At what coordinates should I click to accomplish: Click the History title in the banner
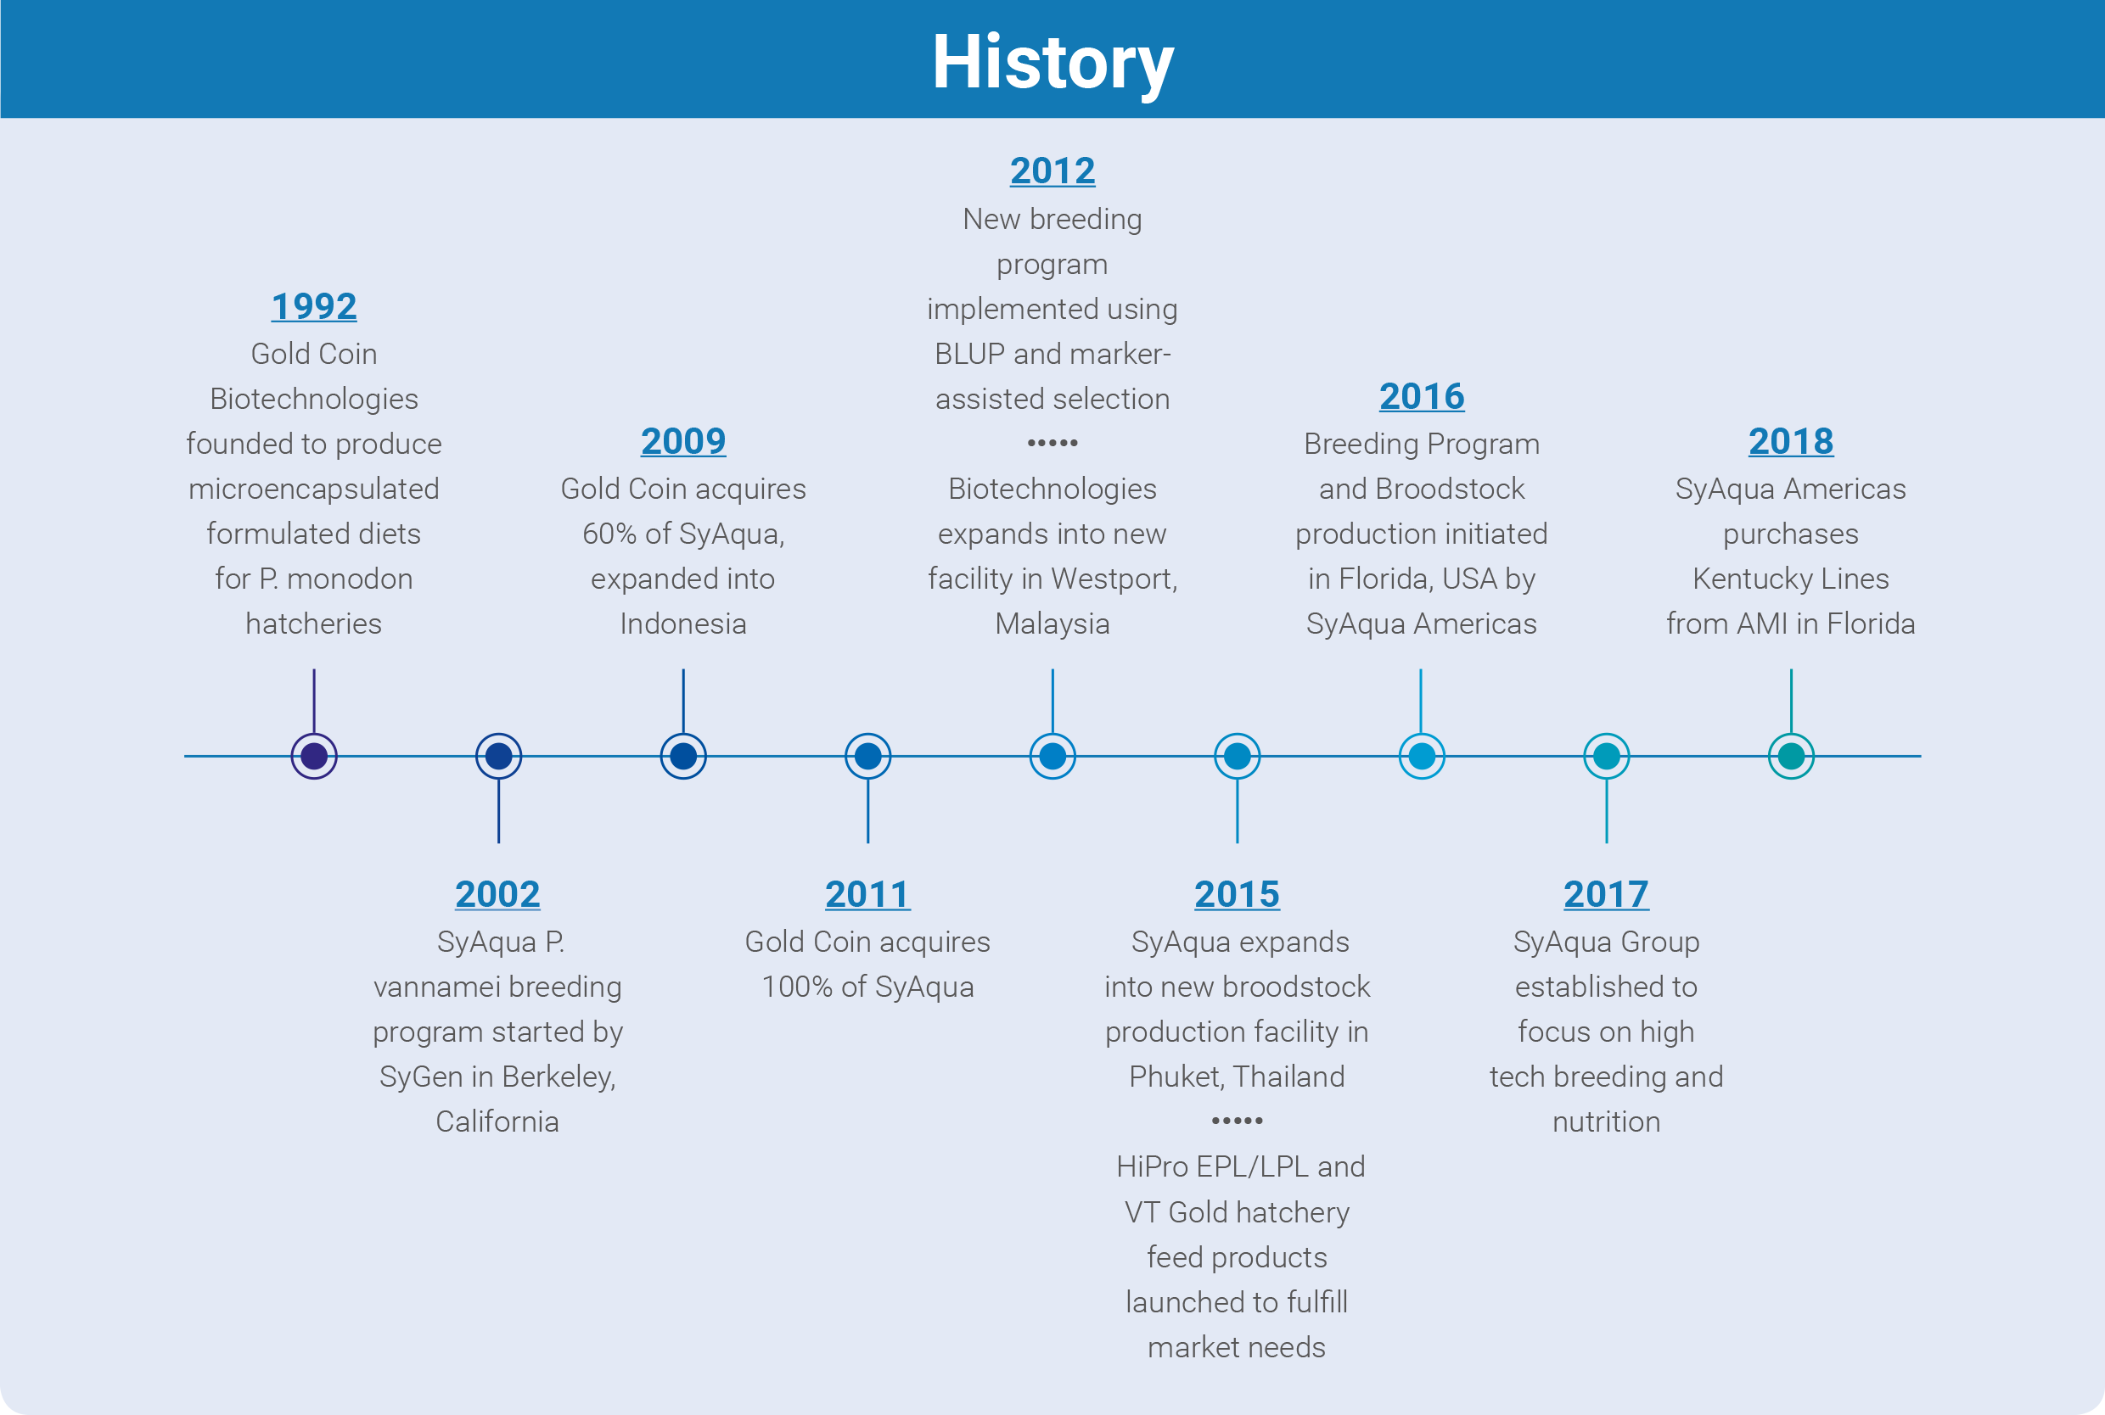pyautogui.click(x=1052, y=61)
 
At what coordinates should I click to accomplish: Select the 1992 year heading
pyautogui.click(x=314, y=306)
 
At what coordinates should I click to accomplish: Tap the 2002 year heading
pyautogui.click(x=498, y=894)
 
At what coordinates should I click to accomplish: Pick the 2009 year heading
pyautogui.click(x=683, y=441)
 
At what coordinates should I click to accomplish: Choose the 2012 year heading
pyautogui.click(x=1052, y=171)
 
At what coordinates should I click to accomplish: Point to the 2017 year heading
pyautogui.click(x=1607, y=894)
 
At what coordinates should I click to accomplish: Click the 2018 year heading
pyautogui.click(x=1791, y=441)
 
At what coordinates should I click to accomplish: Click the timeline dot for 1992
pyautogui.click(x=314, y=756)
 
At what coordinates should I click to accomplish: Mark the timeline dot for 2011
pyautogui.click(x=868, y=756)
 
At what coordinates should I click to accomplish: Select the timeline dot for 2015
pyautogui.click(x=1238, y=756)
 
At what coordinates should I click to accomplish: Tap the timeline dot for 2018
pyautogui.click(x=1792, y=756)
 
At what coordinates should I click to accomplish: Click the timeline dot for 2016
pyautogui.click(x=1422, y=756)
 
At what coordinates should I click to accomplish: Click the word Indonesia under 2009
pyautogui.click(x=683, y=624)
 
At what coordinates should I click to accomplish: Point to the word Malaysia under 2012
pyautogui.click(x=1052, y=624)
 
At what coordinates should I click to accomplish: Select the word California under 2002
pyautogui.click(x=497, y=1121)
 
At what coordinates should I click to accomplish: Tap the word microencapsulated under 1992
pyautogui.click(x=314, y=489)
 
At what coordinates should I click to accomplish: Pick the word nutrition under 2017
pyautogui.click(x=1607, y=1121)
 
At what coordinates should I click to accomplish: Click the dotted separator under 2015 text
pyautogui.click(x=1238, y=1121)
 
